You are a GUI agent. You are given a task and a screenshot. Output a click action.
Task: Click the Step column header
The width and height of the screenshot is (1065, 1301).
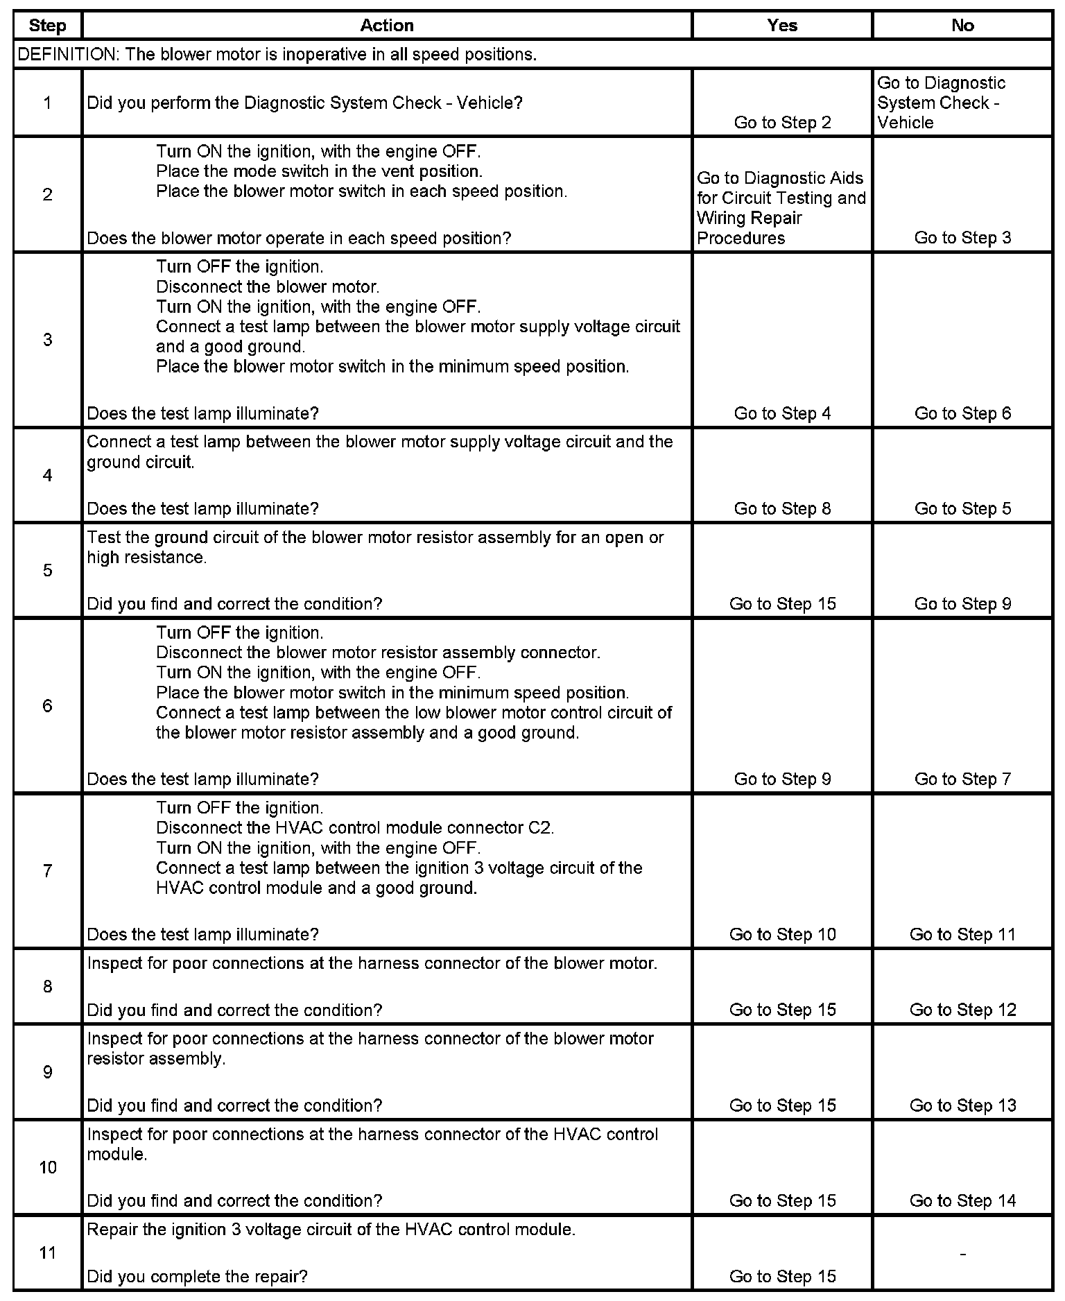pos(47,26)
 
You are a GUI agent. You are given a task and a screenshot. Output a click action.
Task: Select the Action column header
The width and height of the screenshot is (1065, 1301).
pos(387,26)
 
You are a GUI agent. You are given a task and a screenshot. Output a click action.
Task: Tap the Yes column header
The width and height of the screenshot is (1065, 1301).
pos(782,26)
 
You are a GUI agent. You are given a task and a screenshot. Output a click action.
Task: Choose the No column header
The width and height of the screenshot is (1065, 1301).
pos(962,26)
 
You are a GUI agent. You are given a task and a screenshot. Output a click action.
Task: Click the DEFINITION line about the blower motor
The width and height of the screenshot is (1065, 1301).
pos(277,55)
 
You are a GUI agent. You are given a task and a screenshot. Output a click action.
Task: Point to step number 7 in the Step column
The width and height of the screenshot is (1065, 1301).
pos(47,870)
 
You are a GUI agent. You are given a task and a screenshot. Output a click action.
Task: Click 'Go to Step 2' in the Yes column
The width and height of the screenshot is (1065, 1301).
pos(782,123)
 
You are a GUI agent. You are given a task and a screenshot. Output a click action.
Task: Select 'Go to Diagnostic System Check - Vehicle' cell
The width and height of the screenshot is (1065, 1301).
pos(942,103)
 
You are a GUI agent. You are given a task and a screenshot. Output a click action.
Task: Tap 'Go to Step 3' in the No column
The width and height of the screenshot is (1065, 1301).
pos(962,238)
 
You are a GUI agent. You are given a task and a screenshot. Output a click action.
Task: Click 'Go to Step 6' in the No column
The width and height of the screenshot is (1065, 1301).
pos(962,413)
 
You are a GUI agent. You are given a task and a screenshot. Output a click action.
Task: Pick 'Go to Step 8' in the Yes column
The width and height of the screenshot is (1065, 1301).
pos(782,508)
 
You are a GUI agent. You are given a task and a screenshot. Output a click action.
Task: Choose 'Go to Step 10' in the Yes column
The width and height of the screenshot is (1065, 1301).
pos(782,934)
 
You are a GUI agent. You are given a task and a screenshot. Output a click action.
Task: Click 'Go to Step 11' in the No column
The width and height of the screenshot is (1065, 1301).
pos(962,934)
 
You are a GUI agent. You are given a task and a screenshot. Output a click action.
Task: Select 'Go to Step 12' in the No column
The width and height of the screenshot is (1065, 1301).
pos(962,1010)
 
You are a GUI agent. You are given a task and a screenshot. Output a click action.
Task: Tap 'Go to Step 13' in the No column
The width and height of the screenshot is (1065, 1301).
pos(962,1105)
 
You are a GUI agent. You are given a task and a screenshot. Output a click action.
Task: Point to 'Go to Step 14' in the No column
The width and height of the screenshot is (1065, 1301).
pos(962,1200)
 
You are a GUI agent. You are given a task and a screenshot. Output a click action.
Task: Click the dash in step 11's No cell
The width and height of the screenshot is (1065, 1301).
pos(962,1253)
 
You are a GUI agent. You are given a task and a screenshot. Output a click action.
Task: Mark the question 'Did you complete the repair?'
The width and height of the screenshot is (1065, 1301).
pos(198,1276)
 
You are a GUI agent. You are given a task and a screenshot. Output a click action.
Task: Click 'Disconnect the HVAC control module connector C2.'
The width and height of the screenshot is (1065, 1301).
pos(355,827)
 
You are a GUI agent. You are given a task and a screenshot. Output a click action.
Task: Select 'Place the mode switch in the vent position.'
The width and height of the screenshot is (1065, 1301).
pos(319,171)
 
